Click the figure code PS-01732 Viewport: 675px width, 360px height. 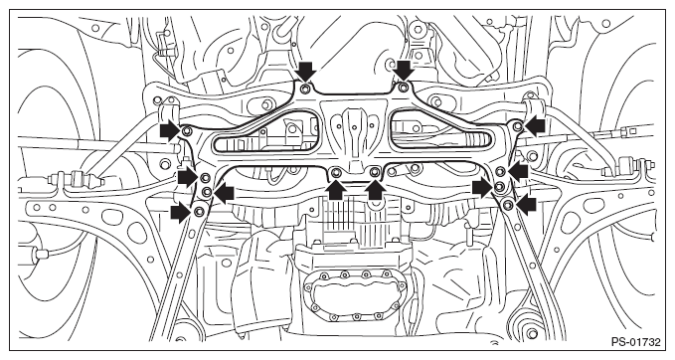(635, 343)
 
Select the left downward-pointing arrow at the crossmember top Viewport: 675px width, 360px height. (306, 71)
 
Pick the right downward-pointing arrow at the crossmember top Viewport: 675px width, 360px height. (404, 71)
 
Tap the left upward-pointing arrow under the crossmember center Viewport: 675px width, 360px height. (337, 190)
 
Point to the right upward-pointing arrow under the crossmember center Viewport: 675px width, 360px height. (376, 190)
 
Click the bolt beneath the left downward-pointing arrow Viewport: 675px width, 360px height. (305, 89)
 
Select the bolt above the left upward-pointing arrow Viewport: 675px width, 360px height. (336, 173)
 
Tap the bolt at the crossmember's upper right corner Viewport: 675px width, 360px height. (518, 126)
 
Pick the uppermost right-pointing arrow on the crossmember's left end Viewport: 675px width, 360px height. (170, 130)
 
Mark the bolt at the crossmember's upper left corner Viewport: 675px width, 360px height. (187, 131)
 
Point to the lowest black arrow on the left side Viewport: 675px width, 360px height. (181, 212)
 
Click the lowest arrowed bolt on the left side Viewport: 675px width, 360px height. (199, 212)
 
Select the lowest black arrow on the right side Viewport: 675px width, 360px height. (527, 204)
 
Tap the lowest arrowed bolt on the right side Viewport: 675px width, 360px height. (508, 204)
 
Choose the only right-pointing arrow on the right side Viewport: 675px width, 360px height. (482, 187)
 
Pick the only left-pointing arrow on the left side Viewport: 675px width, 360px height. (224, 193)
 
